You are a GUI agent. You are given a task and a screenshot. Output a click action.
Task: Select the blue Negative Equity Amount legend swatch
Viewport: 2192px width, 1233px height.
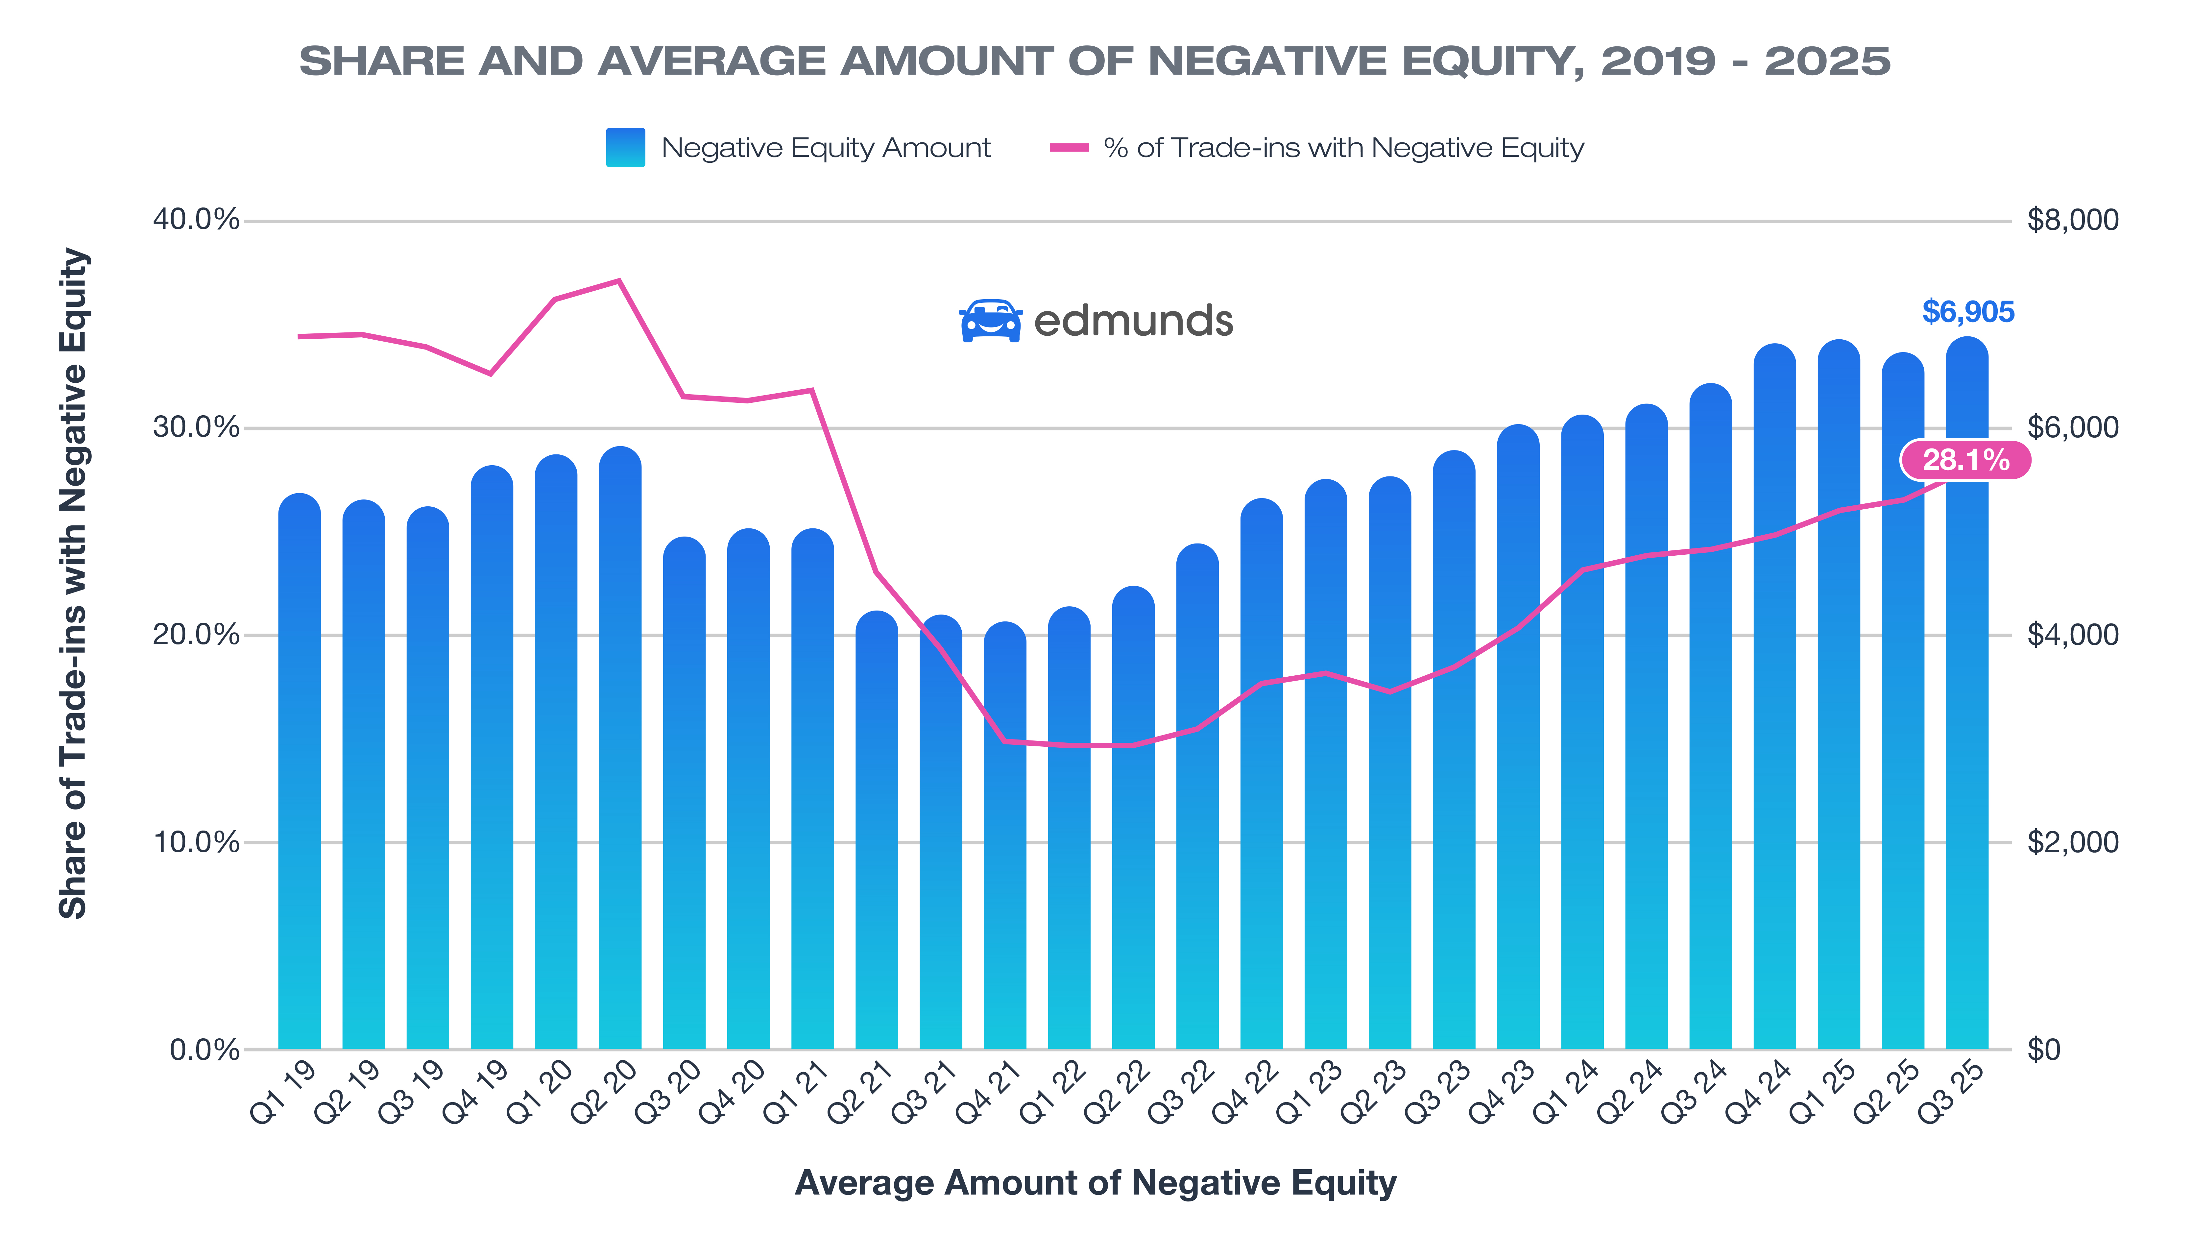(x=625, y=147)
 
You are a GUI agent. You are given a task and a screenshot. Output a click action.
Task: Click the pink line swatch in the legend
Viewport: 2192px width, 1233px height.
(x=1069, y=147)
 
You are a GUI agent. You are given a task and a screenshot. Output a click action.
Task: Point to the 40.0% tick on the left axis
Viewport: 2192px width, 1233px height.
(x=196, y=220)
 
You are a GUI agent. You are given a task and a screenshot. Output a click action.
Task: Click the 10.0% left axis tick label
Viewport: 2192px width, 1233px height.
(x=196, y=842)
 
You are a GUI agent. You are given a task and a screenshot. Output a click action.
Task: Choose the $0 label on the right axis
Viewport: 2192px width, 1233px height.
(x=2044, y=1050)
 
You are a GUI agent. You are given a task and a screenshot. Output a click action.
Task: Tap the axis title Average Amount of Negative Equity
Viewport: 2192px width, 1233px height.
(x=1095, y=1183)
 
